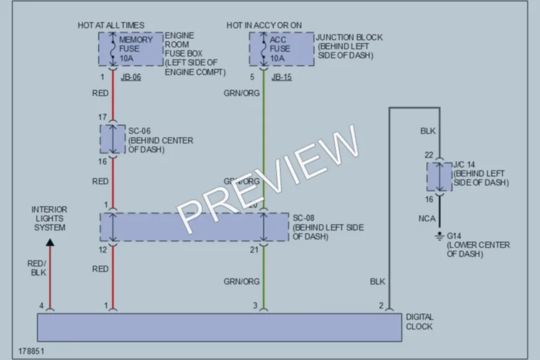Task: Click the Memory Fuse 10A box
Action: (x=131, y=49)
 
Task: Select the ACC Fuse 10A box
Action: (x=282, y=49)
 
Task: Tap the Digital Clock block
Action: (x=220, y=327)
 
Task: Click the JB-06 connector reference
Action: (x=131, y=77)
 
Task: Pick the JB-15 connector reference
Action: (x=281, y=77)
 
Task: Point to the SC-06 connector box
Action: (x=113, y=139)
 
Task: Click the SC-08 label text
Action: (x=304, y=218)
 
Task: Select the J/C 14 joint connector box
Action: (x=439, y=177)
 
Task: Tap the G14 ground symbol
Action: (x=439, y=236)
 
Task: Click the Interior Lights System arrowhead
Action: (x=50, y=242)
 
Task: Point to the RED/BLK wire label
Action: (x=37, y=268)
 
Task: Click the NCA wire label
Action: (x=427, y=218)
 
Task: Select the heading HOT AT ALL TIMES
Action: (x=111, y=25)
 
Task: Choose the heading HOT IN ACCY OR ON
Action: (x=264, y=25)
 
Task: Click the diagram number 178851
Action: (x=31, y=351)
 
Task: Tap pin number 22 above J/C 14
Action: (x=429, y=155)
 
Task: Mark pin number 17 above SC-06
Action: (x=102, y=117)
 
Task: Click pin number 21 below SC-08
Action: (x=254, y=250)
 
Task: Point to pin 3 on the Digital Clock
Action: (x=255, y=305)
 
